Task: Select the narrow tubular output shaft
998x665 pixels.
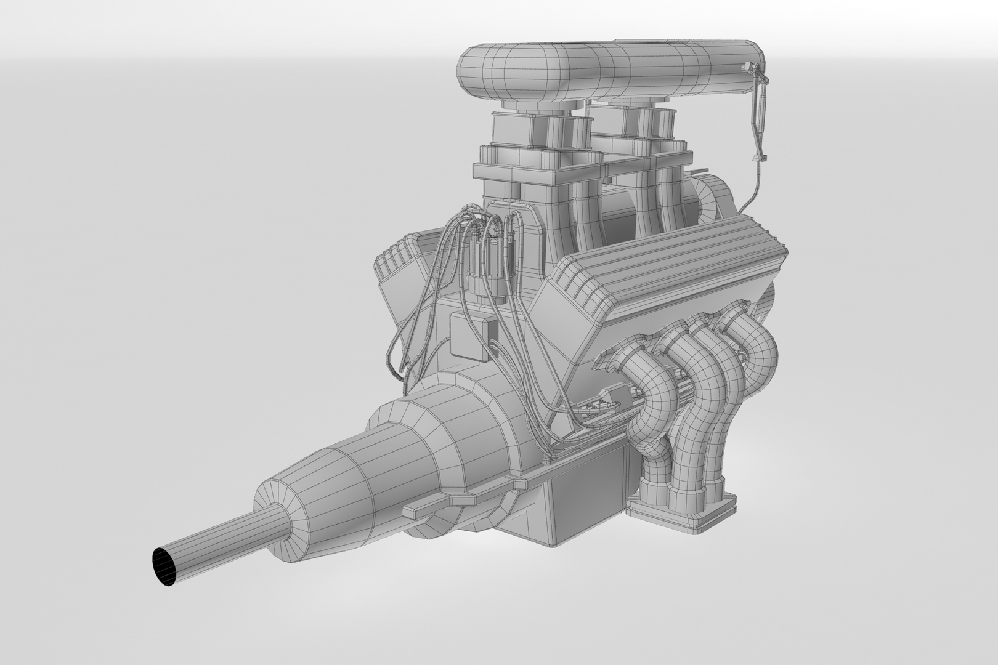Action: click(222, 542)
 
